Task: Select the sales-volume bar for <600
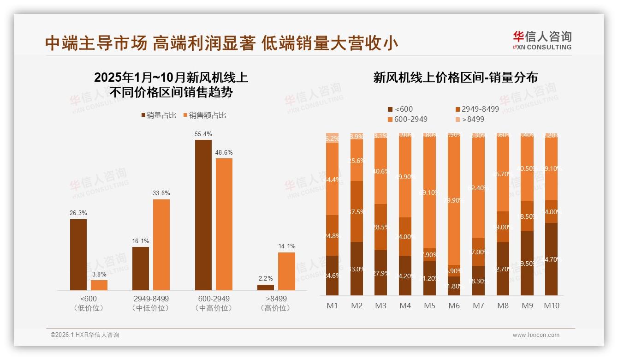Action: (x=78, y=254)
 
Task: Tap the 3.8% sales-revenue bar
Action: (x=99, y=285)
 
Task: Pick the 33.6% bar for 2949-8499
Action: (x=161, y=245)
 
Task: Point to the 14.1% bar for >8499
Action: (x=286, y=271)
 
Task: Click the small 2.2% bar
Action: (x=266, y=287)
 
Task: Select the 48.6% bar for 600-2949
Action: (x=224, y=224)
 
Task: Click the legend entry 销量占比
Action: (x=159, y=115)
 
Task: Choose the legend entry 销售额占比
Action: (x=205, y=115)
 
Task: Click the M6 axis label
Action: (x=454, y=306)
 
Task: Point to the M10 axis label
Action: (x=551, y=306)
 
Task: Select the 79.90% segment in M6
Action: (x=454, y=201)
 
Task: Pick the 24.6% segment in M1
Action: (x=332, y=276)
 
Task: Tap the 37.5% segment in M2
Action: (x=356, y=211)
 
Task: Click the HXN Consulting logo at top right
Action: (x=542, y=40)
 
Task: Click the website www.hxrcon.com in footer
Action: (x=536, y=335)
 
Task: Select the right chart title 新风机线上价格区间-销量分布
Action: (x=455, y=78)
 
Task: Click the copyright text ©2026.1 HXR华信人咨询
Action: (x=85, y=335)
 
